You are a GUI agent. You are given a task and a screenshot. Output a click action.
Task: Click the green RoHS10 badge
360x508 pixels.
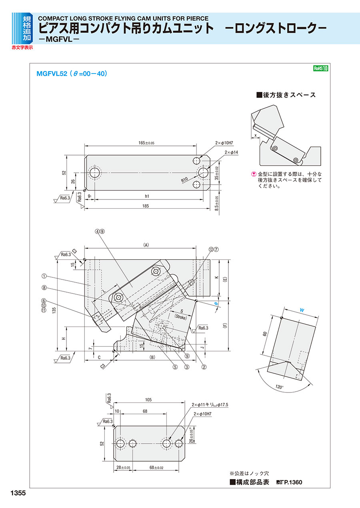pos(320,68)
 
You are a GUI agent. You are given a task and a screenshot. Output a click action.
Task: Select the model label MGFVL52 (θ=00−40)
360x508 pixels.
pos(72,74)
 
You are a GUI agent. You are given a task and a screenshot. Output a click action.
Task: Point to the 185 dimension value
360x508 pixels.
pos(146,206)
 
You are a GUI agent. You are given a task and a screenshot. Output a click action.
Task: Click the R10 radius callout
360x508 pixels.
pos(184,180)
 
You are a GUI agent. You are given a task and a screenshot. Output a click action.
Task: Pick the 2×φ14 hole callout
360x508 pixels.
pos(231,153)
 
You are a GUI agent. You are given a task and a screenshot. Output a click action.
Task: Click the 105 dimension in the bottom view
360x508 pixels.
pos(148,400)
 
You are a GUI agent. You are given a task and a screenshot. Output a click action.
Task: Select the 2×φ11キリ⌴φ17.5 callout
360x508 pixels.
pos(210,405)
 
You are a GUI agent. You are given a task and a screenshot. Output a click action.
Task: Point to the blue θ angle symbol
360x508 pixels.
pos(216,304)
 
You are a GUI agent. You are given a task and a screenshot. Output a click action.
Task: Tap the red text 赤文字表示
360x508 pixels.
pos(22,48)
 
